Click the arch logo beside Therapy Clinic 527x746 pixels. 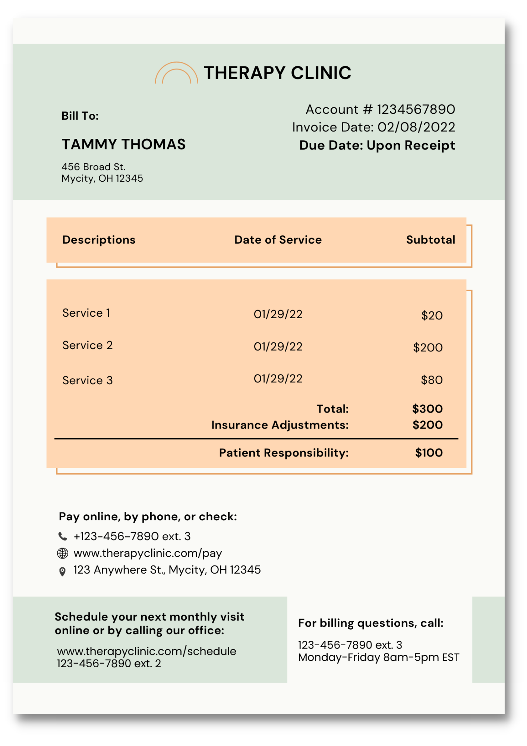click(176, 73)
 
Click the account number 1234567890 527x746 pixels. click(416, 109)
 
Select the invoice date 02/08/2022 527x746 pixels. click(416, 127)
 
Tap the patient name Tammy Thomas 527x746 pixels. click(123, 144)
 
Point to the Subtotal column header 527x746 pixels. click(430, 239)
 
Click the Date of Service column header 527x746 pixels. click(278, 239)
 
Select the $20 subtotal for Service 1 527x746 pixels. click(432, 316)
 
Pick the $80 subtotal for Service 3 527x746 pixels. click(432, 380)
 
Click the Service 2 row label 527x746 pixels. click(87, 345)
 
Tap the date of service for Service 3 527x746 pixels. click(278, 379)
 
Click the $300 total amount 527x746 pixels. click(427, 409)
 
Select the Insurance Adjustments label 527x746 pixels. click(280, 425)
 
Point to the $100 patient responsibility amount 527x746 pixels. click(429, 453)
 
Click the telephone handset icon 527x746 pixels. click(63, 536)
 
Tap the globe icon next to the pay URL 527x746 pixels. click(63, 553)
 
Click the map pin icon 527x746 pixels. click(63, 571)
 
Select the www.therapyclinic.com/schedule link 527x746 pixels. click(146, 651)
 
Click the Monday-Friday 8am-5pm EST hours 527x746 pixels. click(378, 657)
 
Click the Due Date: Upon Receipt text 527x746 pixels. click(377, 145)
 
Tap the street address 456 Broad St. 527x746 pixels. click(93, 167)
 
